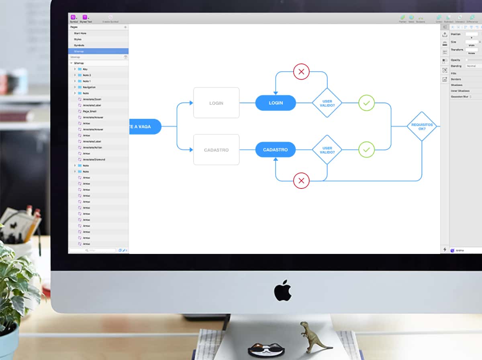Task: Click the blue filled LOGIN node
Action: [276, 103]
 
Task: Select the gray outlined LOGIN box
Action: [216, 103]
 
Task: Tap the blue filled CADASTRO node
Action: [275, 150]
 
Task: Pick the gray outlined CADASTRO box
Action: [216, 150]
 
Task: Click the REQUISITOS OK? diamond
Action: [421, 127]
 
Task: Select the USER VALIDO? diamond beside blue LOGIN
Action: [327, 103]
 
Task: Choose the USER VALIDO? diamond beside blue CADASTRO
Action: [327, 150]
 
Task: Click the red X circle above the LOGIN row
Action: [301, 72]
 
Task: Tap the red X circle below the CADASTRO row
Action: [301, 181]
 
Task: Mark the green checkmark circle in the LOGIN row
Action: [366, 103]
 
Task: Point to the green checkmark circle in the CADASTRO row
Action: [366, 150]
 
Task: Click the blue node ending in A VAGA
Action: [145, 127]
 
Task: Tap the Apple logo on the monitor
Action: [283, 290]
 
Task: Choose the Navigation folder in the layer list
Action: [89, 87]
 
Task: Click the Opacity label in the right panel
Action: [455, 60]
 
